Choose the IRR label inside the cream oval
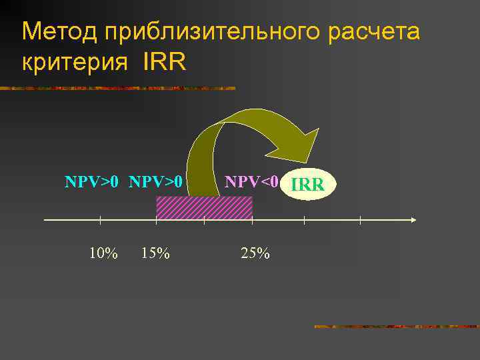pyautogui.click(x=308, y=184)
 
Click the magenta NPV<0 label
pyautogui.click(x=251, y=181)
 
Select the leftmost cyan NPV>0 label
pyautogui.click(x=92, y=181)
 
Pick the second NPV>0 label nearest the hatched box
pyautogui.click(x=156, y=181)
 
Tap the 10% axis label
pyautogui.click(x=103, y=253)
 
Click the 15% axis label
pyautogui.click(x=155, y=253)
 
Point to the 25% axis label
pyautogui.click(x=255, y=253)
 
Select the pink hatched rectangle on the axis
pyautogui.click(x=204, y=208)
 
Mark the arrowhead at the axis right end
pyautogui.click(x=413, y=219)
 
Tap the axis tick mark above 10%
pyautogui.click(x=100, y=219)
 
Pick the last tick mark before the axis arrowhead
pyautogui.click(x=360, y=219)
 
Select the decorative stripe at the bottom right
pyautogui.click(x=396, y=327)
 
